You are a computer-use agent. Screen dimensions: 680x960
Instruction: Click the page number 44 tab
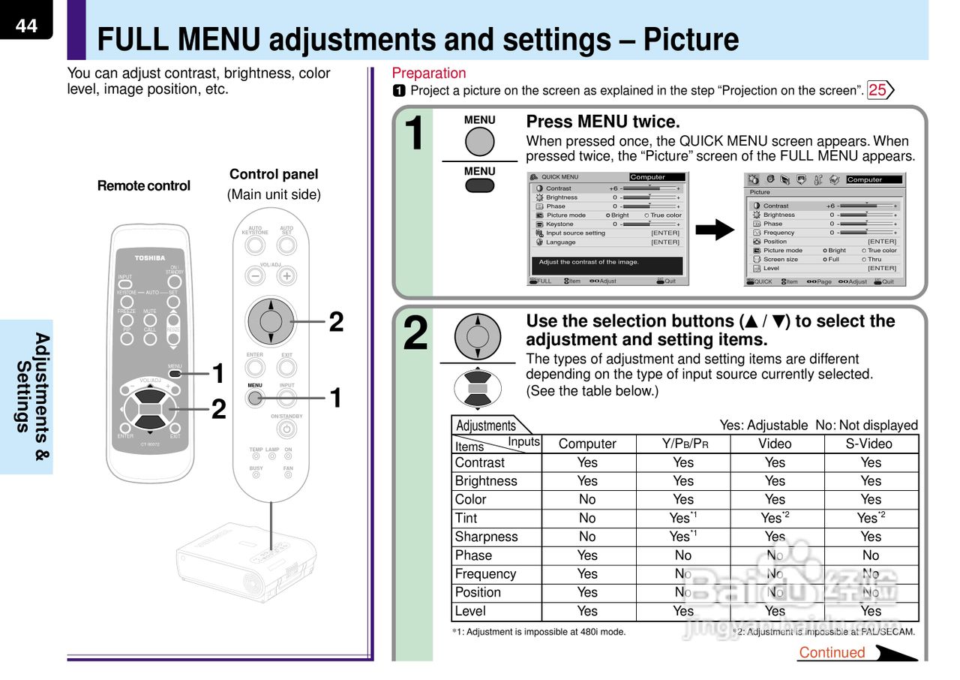click(x=25, y=25)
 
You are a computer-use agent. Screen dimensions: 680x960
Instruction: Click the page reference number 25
click(x=877, y=91)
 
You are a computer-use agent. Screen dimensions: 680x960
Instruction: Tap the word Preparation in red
click(x=429, y=73)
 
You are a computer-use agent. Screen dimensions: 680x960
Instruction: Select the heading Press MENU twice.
click(x=603, y=122)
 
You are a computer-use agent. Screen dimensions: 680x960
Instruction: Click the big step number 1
click(x=413, y=133)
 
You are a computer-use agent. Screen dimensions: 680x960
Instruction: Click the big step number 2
click(x=415, y=333)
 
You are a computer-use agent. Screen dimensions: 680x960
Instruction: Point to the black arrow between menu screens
click(x=715, y=229)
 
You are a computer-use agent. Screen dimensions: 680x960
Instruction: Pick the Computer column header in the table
click(x=587, y=444)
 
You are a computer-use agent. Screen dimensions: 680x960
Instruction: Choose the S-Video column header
click(x=870, y=444)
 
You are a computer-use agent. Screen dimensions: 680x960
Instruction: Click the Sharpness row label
click(x=486, y=537)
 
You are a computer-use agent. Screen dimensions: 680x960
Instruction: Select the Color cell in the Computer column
click(x=587, y=500)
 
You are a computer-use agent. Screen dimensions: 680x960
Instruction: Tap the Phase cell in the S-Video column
click(x=870, y=555)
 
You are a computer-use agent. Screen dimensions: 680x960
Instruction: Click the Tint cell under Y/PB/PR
click(x=682, y=518)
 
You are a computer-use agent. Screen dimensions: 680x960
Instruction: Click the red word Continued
click(x=832, y=652)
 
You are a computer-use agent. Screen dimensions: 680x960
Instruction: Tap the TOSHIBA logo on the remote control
click(x=150, y=258)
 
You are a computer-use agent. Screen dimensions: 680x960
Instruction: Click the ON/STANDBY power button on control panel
click(x=286, y=429)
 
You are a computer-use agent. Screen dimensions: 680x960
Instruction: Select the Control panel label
click(x=274, y=174)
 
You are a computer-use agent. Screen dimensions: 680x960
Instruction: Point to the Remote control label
click(x=144, y=185)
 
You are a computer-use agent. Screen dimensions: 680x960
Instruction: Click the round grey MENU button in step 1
click(x=479, y=141)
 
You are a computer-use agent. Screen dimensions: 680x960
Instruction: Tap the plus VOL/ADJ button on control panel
click(x=286, y=275)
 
